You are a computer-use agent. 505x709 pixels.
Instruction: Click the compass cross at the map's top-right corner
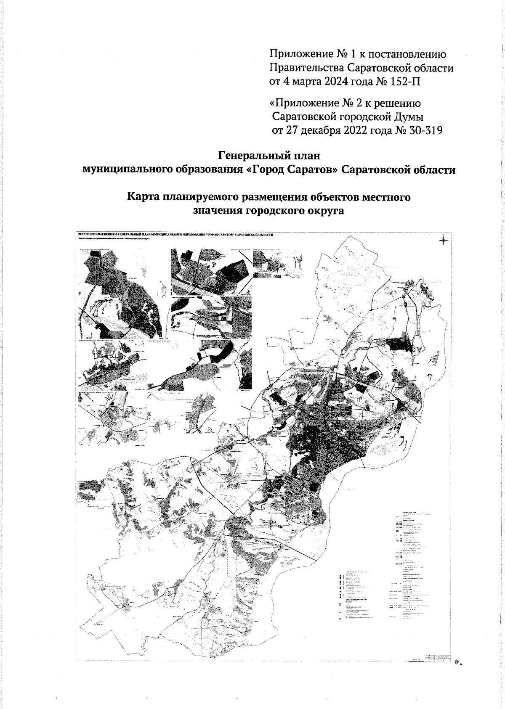tap(444, 241)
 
